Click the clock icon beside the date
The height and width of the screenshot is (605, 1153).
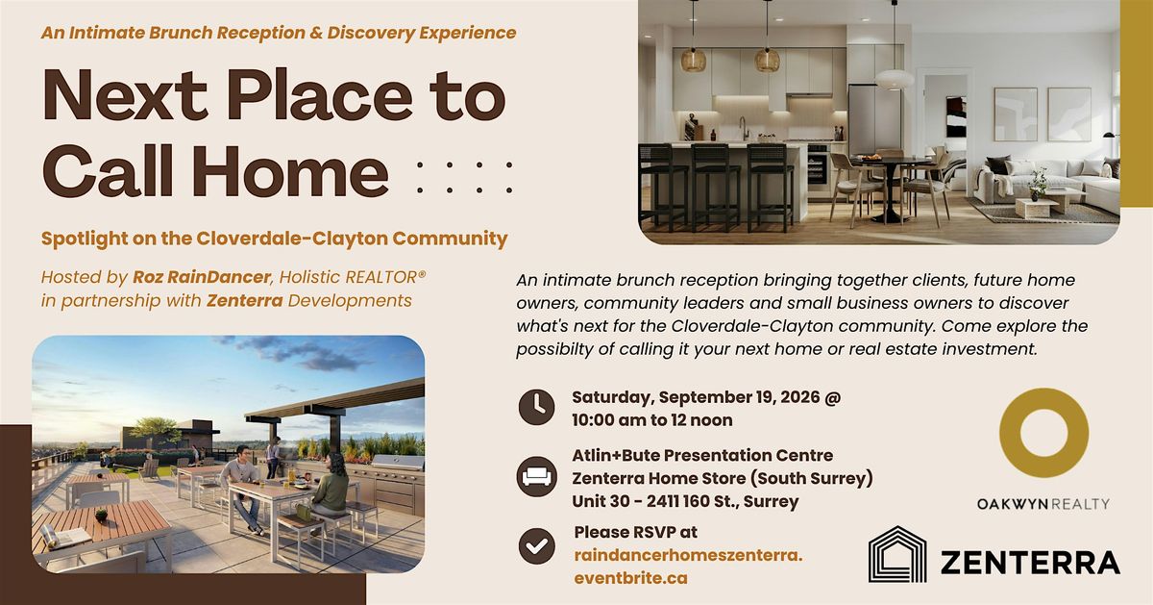coord(536,407)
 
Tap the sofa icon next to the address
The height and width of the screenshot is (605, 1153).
coord(536,477)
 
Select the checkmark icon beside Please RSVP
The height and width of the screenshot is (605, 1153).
coord(536,545)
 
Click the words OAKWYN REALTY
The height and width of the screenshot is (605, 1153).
coord(1043,504)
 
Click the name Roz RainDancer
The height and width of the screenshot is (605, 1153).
coord(201,277)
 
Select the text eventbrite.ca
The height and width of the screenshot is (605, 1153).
coord(630,578)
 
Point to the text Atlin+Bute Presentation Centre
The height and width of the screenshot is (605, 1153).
coord(702,456)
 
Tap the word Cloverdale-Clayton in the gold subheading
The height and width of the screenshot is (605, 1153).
coord(292,239)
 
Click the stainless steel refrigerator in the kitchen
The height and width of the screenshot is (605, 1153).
coord(874,119)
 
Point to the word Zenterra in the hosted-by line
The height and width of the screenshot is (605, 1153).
coord(244,301)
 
